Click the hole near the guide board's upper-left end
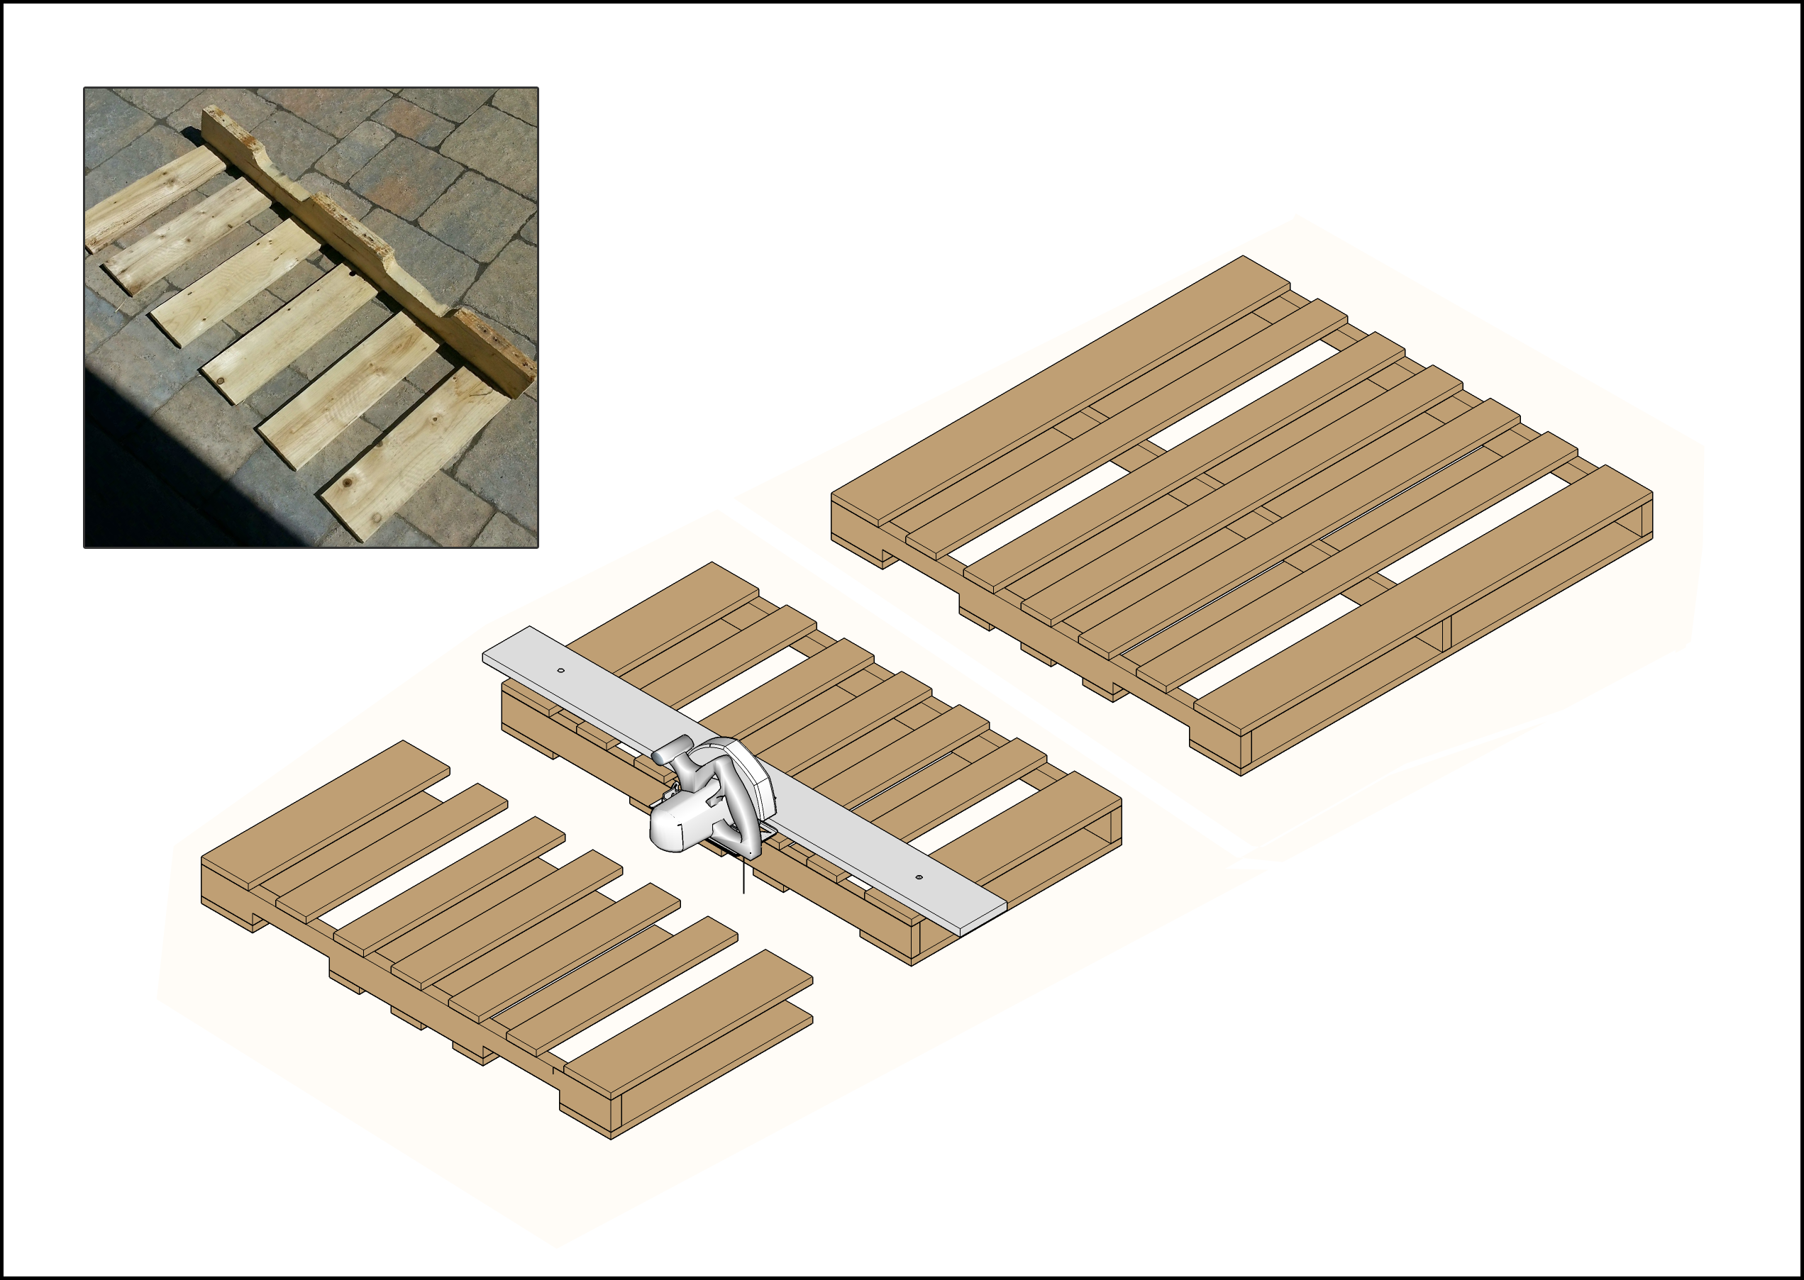(x=560, y=670)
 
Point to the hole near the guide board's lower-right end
(x=919, y=876)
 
